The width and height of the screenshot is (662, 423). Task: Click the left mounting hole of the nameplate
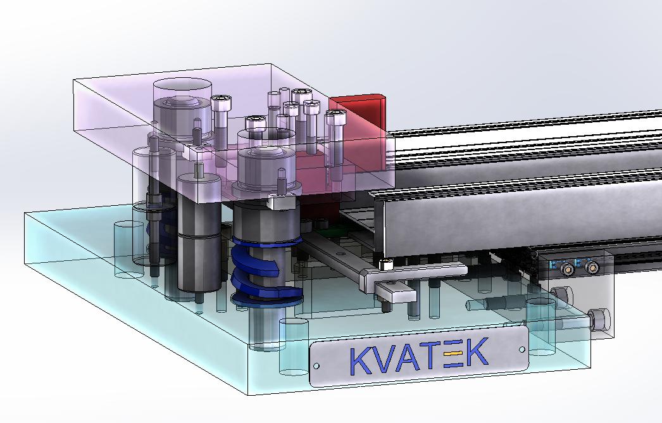click(316, 366)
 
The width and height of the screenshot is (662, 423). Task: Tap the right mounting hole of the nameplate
click(522, 350)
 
